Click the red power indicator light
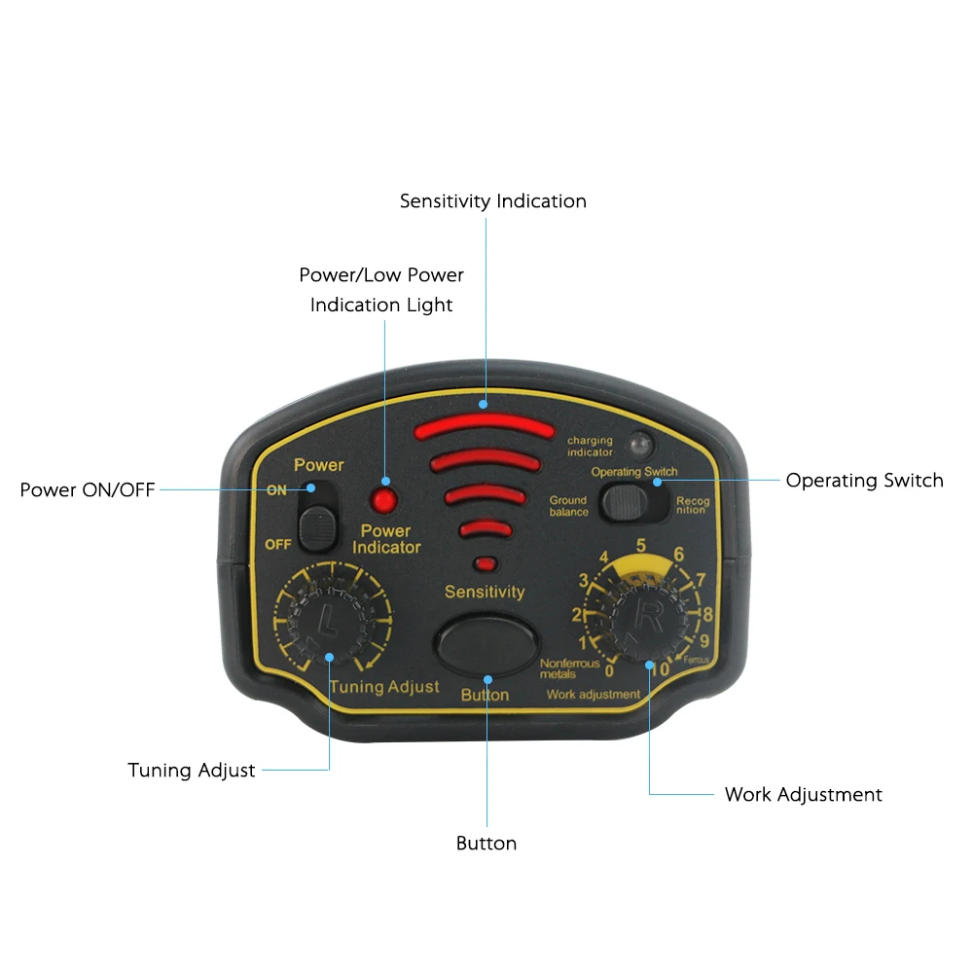(383, 501)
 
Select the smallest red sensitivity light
(485, 563)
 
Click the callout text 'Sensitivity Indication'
(493, 201)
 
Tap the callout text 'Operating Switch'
(864, 480)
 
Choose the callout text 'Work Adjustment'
(803, 794)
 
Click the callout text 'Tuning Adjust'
(192, 770)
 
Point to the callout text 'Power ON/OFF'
(88, 489)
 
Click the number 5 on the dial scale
(641, 545)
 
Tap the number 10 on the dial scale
(661, 668)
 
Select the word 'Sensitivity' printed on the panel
(485, 592)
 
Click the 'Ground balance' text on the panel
(568, 506)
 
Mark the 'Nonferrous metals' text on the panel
(569, 668)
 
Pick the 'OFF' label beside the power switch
(278, 544)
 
